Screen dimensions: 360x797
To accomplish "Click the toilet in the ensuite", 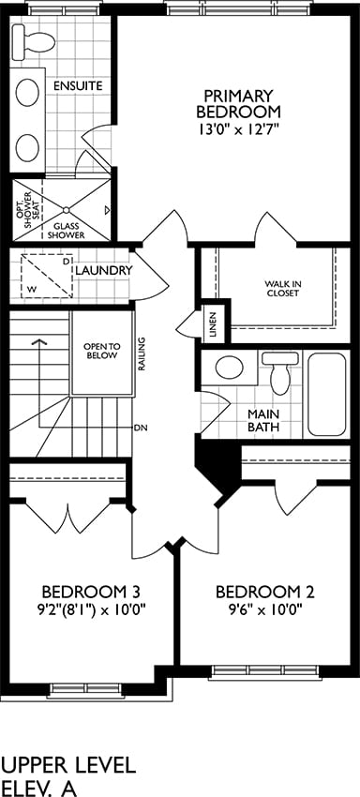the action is point(33,41).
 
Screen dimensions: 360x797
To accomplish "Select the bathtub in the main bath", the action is point(327,395).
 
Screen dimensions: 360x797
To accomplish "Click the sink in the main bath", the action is point(229,368).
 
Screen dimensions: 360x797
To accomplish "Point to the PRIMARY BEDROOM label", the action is point(238,103).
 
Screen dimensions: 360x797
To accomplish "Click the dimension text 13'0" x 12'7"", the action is point(238,129).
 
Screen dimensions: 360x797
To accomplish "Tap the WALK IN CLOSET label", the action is point(281,288).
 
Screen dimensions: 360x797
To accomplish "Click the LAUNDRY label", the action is point(104,270).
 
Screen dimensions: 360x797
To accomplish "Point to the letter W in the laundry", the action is point(32,289).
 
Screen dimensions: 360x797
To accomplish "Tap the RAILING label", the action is point(142,353).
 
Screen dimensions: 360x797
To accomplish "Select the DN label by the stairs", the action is point(141,428).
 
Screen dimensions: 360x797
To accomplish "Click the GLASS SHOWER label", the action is point(67,231).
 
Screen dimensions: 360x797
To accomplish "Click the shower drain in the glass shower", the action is point(67,209).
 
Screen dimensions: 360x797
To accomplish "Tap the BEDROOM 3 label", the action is point(91,593).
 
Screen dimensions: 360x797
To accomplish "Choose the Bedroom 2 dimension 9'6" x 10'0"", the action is point(265,609).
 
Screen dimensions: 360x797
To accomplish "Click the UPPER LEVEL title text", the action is point(69,765).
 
